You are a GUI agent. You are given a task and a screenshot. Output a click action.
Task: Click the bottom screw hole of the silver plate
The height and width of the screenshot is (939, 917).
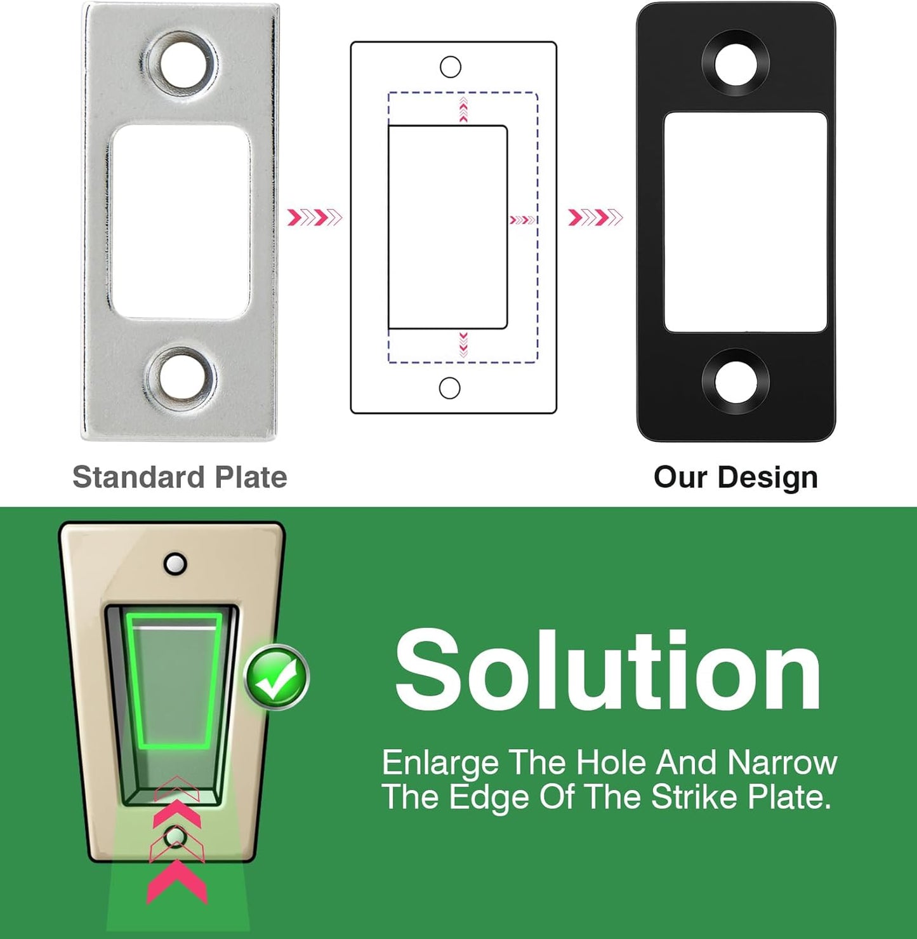pos(182,378)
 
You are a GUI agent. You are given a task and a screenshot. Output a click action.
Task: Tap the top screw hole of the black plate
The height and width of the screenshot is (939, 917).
pos(735,63)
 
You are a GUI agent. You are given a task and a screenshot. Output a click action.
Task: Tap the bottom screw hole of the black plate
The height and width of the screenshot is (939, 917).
pos(735,381)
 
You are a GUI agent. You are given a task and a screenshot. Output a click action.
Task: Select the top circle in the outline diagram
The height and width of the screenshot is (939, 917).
pos(451,67)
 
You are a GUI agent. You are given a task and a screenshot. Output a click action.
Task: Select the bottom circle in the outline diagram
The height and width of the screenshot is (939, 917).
pos(449,388)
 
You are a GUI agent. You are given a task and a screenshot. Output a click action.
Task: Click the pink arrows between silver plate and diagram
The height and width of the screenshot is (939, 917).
pos(315,218)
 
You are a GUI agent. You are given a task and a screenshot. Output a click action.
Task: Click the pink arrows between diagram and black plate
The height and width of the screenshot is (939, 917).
pos(595,218)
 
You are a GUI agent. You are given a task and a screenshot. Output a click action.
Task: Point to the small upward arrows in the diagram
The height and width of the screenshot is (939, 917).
pos(463,109)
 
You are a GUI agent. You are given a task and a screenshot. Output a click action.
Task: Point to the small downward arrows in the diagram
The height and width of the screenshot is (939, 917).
pos(463,345)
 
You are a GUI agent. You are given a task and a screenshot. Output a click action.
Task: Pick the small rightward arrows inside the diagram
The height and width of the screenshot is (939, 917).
pos(522,220)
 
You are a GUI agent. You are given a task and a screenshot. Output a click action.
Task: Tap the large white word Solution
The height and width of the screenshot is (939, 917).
pos(608,671)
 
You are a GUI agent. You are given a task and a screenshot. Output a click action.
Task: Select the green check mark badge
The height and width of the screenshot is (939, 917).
pos(277,677)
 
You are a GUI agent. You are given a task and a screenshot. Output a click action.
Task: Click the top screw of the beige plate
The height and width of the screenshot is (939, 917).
pos(175,564)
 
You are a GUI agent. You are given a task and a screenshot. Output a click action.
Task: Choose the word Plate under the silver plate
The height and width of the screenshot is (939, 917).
pos(251,477)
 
